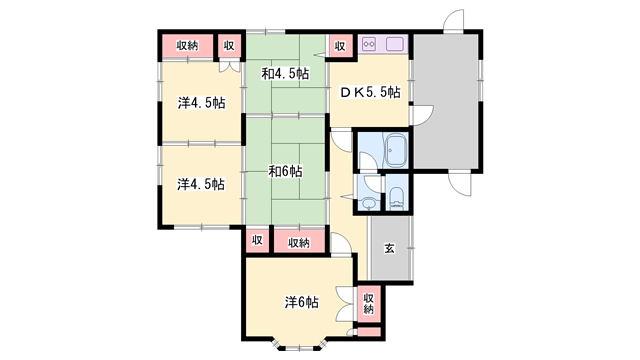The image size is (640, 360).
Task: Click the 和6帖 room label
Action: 285,171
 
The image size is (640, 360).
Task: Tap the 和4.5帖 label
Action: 285,74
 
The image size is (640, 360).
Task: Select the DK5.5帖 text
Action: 370,92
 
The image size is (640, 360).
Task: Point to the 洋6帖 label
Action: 301,302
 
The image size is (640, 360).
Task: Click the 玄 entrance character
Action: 389,248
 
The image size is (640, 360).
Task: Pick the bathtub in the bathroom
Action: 395,150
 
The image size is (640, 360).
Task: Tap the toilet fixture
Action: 396,198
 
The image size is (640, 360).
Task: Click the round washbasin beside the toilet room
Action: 369,202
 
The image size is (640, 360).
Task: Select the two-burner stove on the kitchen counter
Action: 370,43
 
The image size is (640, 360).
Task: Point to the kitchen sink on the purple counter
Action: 395,44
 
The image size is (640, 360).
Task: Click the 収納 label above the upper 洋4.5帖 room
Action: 187,46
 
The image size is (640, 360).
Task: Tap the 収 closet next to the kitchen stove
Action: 340,46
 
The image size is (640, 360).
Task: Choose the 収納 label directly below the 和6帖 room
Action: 299,242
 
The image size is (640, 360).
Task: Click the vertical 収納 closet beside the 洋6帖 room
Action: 368,304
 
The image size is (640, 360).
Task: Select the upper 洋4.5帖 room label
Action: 201,103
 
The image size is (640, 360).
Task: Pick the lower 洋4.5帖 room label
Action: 201,184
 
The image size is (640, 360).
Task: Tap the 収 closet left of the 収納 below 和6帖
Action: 257,240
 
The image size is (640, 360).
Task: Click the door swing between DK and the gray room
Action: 423,115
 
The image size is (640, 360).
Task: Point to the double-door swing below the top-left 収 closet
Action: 230,67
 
